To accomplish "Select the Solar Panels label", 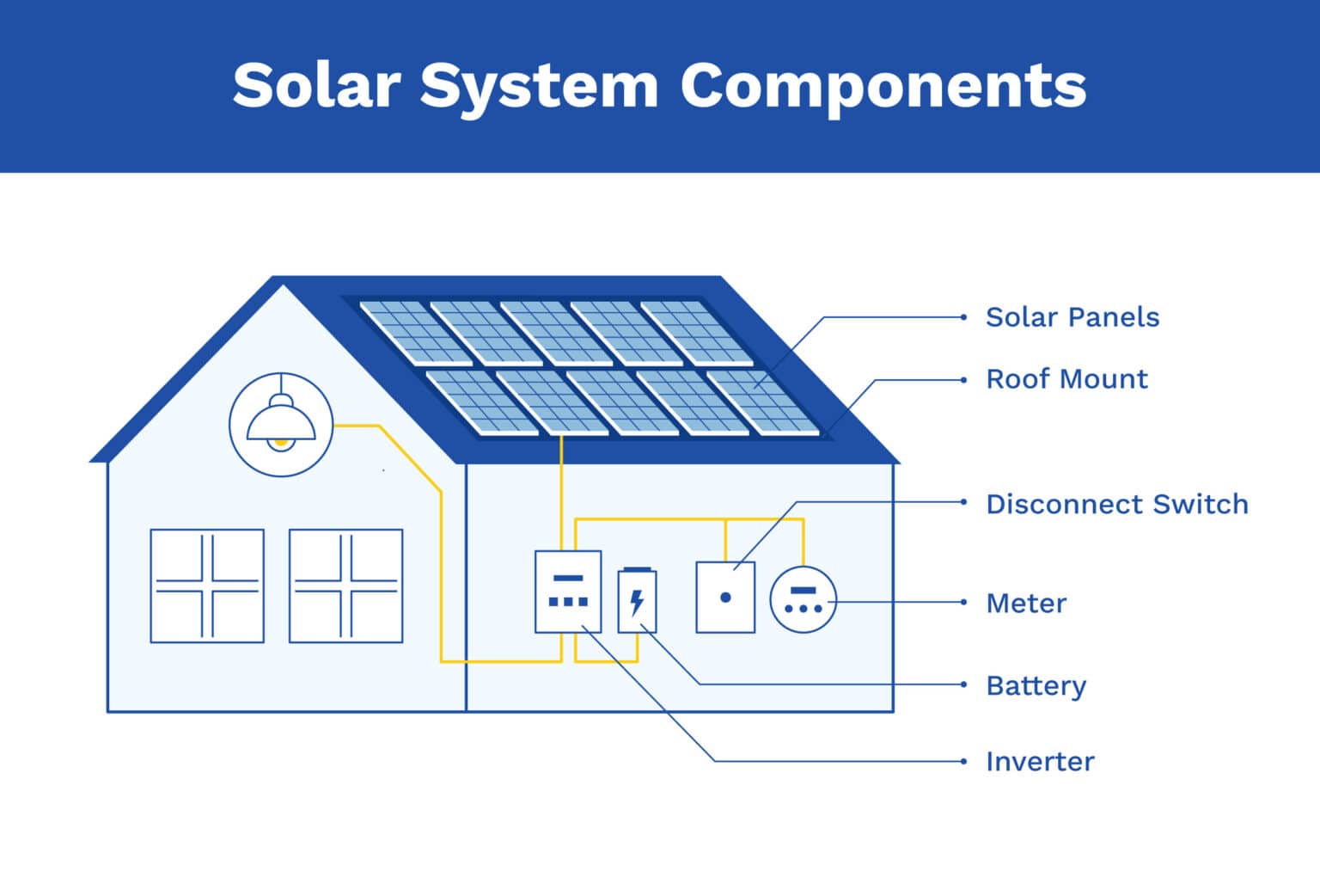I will click(1072, 317).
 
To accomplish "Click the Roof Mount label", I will click(1066, 379).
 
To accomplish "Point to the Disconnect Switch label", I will click(1116, 504).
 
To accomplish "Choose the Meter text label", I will click(1025, 603).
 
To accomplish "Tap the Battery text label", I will click(1036, 685).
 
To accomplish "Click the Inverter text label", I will click(1039, 762).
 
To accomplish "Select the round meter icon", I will click(803, 600).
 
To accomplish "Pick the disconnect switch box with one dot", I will click(725, 598).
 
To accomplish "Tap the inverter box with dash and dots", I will click(567, 592).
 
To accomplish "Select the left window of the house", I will click(207, 586).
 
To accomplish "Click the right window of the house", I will click(345, 586).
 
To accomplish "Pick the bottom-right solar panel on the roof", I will click(761, 402).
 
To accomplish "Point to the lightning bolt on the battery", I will click(637, 601).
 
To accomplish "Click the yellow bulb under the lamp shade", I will click(279, 442).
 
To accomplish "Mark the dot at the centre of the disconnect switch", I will click(725, 597).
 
